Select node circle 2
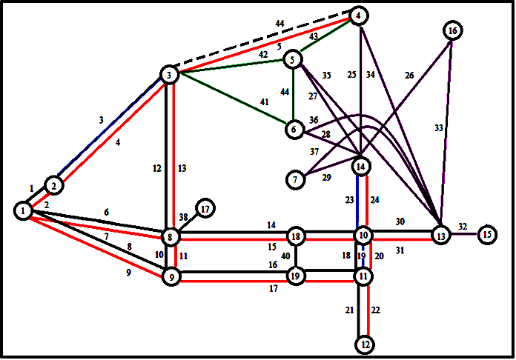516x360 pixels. [x=53, y=185]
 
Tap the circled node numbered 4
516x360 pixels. [x=359, y=16]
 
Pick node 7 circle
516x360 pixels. [x=296, y=179]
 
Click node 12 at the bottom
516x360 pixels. [x=364, y=344]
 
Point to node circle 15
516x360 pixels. [x=487, y=236]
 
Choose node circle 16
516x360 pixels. [x=452, y=31]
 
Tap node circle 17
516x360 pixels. [x=205, y=210]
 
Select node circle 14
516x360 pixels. [x=361, y=167]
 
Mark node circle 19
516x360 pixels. [x=296, y=276]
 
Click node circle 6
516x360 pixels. [x=295, y=129]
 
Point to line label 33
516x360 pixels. [x=438, y=128]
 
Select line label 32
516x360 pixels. [x=463, y=226]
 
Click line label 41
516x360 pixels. [x=265, y=101]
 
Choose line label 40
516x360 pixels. [x=285, y=257]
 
